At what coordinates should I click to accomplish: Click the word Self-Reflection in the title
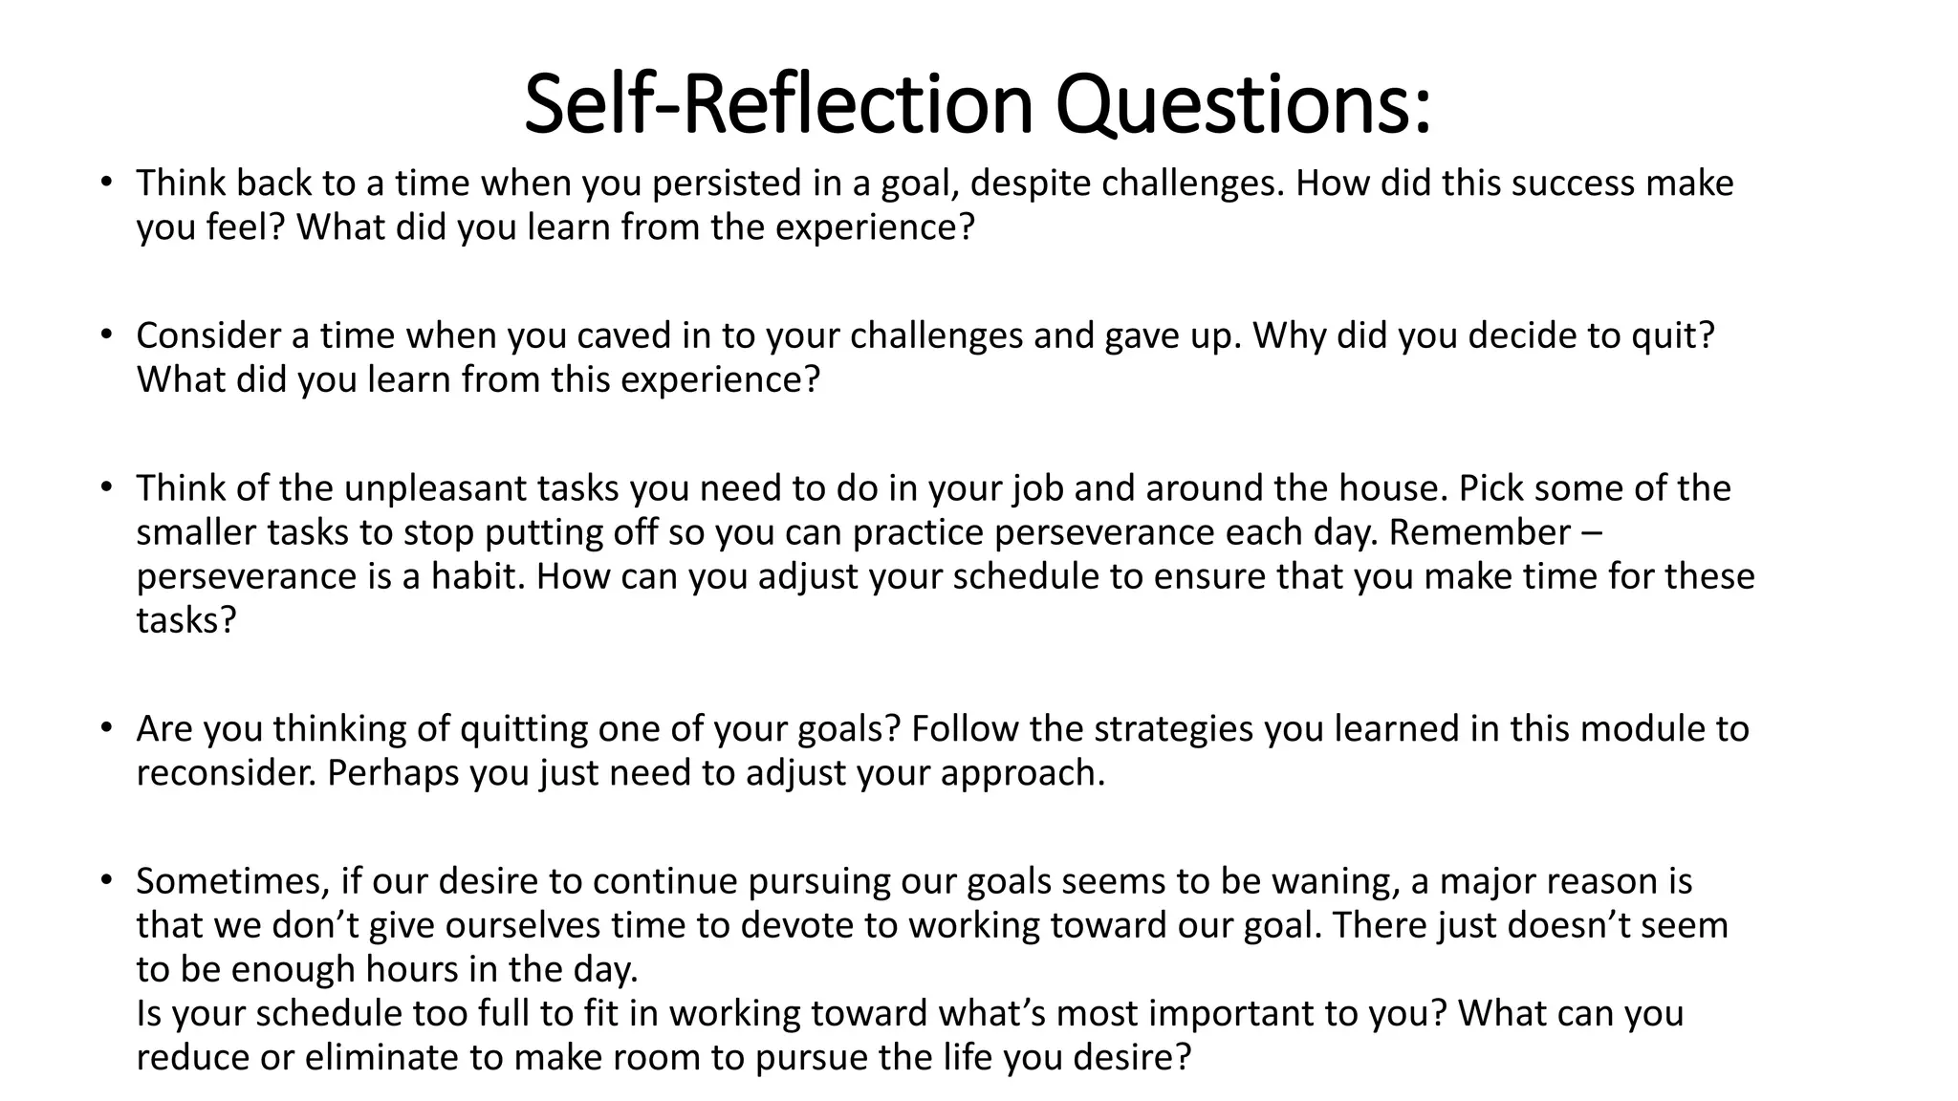pyautogui.click(x=778, y=104)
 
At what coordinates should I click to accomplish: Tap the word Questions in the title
pyautogui.click(x=1243, y=104)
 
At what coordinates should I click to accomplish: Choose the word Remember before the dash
pyautogui.click(x=1479, y=532)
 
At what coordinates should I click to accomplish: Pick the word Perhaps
pyautogui.click(x=393, y=773)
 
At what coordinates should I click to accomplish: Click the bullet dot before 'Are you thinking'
pyautogui.click(x=106, y=729)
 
